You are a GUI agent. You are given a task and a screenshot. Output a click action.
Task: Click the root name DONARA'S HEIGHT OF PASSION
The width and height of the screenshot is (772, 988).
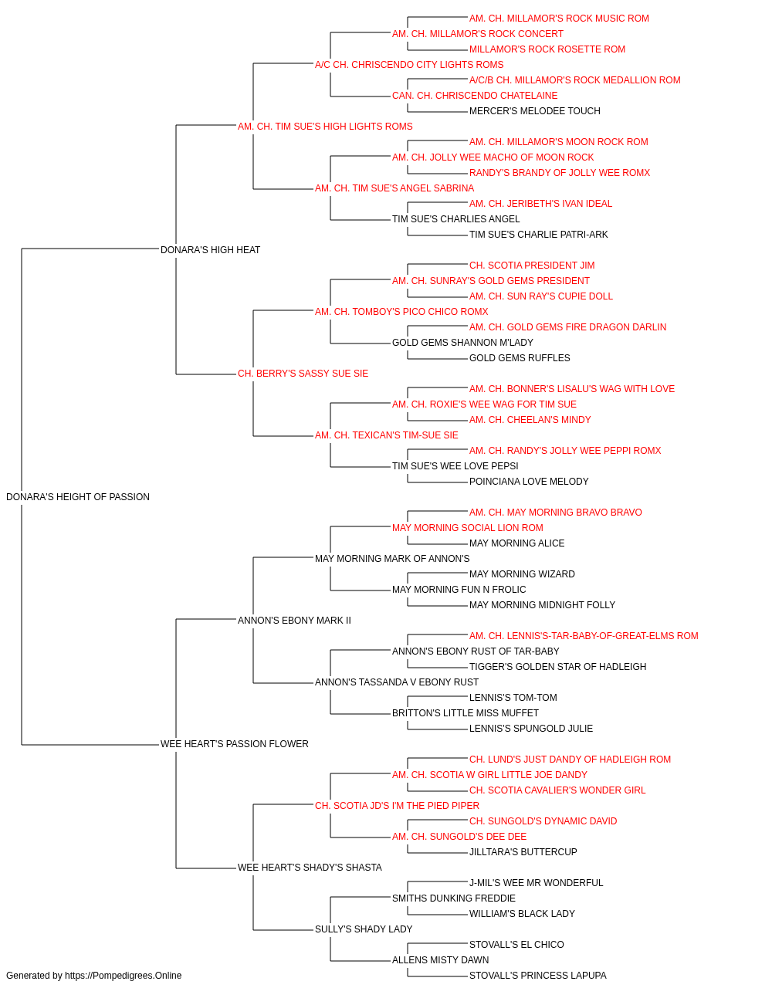coord(78,497)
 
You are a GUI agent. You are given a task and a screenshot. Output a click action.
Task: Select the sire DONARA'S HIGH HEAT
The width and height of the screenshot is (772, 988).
coord(210,249)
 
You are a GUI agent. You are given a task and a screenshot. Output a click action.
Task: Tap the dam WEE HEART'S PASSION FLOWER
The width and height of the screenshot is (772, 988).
coord(234,744)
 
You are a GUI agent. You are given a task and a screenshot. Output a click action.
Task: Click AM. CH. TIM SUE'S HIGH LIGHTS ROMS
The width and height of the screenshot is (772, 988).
coord(325,127)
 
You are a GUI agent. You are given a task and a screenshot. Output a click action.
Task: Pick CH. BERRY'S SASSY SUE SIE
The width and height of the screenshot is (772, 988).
coord(303,374)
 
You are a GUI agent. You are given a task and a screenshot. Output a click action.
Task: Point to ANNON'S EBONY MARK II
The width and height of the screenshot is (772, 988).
coord(294,620)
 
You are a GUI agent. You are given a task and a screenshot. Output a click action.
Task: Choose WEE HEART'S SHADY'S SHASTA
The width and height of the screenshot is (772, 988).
coord(310,868)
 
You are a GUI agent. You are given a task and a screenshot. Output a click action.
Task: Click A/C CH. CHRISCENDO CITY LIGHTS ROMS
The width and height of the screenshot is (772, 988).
coord(409,65)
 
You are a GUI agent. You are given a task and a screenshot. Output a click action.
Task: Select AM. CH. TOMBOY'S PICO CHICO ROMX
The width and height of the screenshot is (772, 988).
coord(401,311)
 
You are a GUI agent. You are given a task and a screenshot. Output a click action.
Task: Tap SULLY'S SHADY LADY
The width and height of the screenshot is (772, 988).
coord(364,929)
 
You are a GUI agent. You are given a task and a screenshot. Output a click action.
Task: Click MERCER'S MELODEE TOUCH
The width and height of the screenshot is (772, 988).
coord(535,111)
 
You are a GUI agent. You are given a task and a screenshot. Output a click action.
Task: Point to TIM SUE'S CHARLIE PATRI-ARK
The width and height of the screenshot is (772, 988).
coord(538,235)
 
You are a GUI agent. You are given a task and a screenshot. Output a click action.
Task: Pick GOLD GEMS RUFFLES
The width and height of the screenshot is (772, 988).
coord(520,358)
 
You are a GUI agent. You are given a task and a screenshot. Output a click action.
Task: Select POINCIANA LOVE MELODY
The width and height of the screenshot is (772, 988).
coord(529,482)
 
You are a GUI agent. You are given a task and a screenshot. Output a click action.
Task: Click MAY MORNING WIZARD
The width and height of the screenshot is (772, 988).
coord(522,574)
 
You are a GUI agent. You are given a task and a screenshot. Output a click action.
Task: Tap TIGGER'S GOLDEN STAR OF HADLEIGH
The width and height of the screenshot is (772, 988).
coord(558,667)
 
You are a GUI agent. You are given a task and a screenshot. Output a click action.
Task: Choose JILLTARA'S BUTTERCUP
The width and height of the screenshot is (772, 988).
coord(523,852)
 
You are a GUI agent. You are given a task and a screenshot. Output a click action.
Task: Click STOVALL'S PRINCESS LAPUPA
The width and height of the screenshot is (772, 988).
coord(538,976)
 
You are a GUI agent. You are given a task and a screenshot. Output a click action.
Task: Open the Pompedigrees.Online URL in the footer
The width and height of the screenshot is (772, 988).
coord(124,976)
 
